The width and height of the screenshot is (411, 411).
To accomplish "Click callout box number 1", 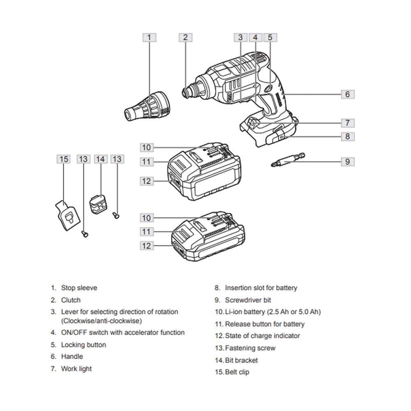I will pyautogui.click(x=149, y=37).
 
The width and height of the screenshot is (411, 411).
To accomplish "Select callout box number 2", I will pyautogui.click(x=185, y=37).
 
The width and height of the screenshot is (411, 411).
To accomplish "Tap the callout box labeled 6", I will pyautogui.click(x=347, y=94).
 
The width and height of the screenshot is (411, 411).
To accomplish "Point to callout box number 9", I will pyautogui.click(x=347, y=162).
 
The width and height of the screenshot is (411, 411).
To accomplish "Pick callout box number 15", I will pyautogui.click(x=63, y=159).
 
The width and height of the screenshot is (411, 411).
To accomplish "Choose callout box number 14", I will pyautogui.click(x=101, y=159).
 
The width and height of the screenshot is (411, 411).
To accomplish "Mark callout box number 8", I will pyautogui.click(x=347, y=136).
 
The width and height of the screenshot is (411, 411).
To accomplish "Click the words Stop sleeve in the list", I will pyautogui.click(x=79, y=288).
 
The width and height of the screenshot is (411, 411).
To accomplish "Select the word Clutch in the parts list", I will pyautogui.click(x=71, y=300).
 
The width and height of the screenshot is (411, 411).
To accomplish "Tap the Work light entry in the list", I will pyautogui.click(x=76, y=369).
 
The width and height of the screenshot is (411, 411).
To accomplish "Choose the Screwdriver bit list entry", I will pyautogui.click(x=248, y=300).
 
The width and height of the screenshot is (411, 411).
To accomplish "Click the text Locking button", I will pyautogui.click(x=83, y=345).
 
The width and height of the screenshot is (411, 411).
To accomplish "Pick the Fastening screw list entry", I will pyautogui.click(x=250, y=348).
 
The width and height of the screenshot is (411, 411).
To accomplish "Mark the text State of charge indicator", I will pyautogui.click(x=262, y=336).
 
